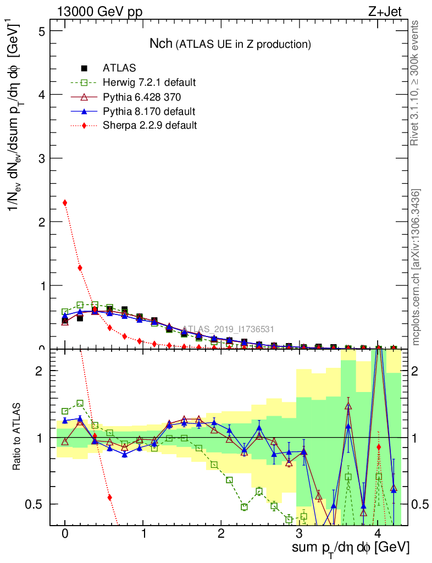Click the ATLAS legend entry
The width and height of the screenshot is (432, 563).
[119, 68]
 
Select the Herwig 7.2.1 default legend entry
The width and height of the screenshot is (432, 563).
[149, 82]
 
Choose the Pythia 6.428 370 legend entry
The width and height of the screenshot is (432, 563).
[141, 97]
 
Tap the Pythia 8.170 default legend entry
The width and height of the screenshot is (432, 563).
[149, 112]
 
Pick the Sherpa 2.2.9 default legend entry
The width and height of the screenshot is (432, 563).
[149, 125]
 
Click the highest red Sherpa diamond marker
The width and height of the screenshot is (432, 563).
[65, 203]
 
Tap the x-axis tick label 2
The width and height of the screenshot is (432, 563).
[221, 534]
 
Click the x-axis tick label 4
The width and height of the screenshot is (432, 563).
[378, 534]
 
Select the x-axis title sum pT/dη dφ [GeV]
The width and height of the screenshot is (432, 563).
[351, 548]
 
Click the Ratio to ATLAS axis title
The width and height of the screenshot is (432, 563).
[19, 437]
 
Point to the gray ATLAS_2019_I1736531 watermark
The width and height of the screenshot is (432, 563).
[228, 329]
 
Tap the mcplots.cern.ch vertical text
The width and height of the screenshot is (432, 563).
[416, 267]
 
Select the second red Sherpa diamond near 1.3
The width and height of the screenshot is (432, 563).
[80, 268]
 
